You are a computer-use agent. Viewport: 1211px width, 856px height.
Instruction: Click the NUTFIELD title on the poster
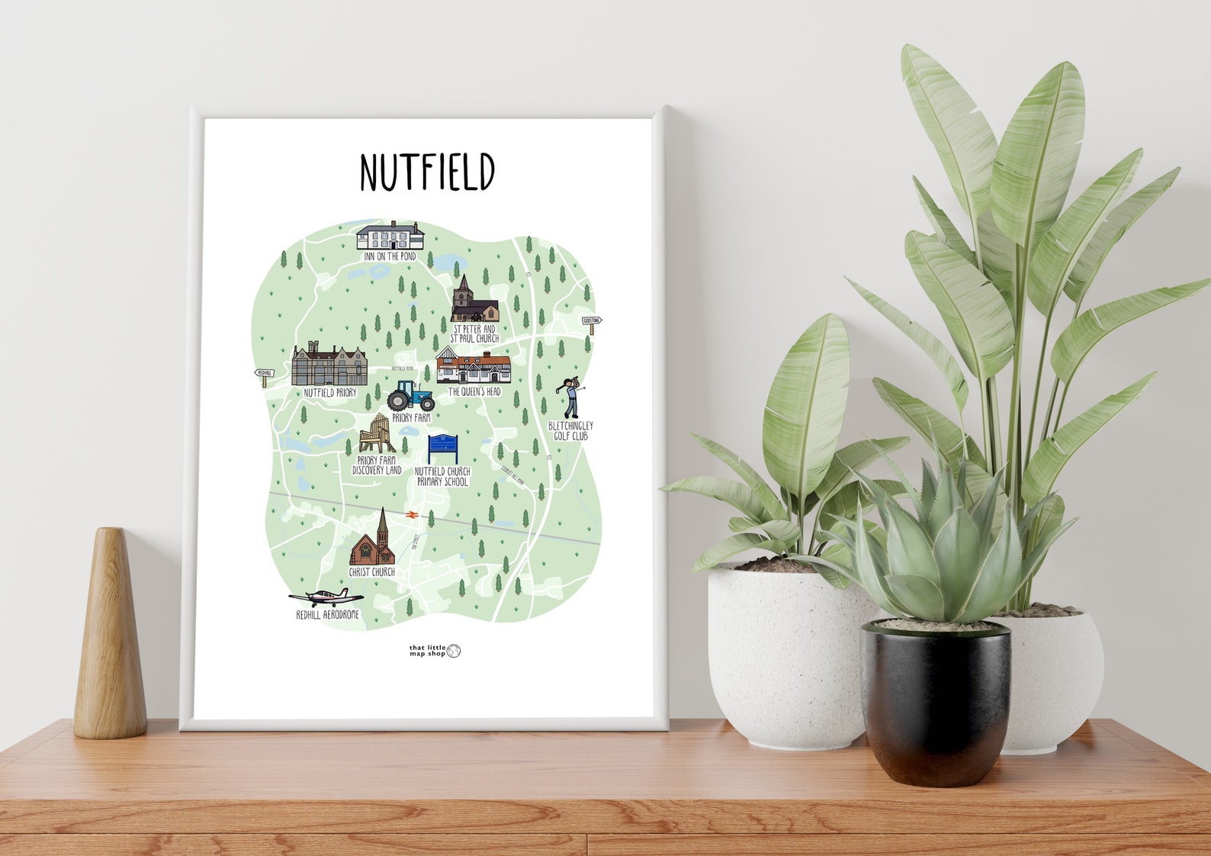(x=427, y=172)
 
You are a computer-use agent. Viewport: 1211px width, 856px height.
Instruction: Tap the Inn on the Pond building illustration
(x=390, y=236)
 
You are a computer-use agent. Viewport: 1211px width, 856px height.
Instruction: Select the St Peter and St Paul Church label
(x=474, y=333)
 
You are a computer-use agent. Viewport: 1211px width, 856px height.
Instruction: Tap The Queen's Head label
(x=474, y=391)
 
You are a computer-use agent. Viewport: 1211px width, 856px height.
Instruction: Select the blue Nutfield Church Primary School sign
(x=443, y=449)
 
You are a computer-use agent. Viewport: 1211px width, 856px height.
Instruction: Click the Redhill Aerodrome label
(x=327, y=614)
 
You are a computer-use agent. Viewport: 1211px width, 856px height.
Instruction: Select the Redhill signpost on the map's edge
(x=264, y=374)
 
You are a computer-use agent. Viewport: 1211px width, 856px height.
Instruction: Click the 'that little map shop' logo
(x=435, y=651)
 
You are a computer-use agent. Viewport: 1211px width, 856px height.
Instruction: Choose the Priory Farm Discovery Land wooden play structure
(x=377, y=435)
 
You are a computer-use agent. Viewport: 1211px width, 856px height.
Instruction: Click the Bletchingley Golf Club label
(x=570, y=431)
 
